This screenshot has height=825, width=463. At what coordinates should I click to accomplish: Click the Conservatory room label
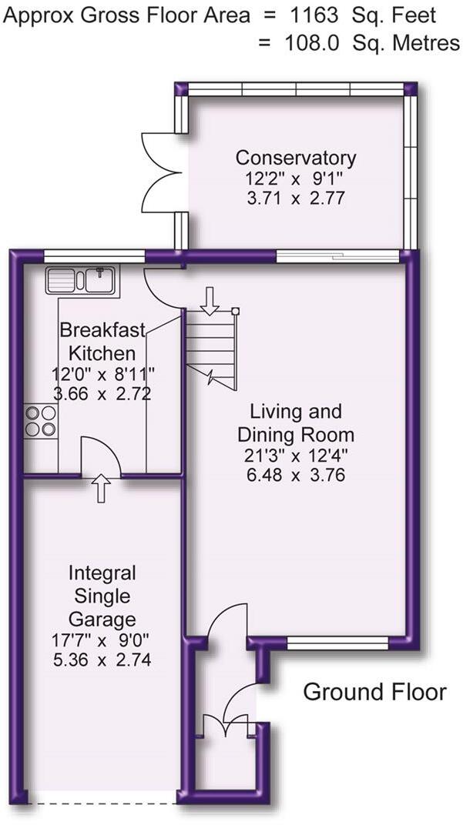coord(296,157)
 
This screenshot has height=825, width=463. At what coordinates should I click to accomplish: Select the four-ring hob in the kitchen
coord(40,420)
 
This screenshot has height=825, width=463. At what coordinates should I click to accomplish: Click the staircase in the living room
coord(210,349)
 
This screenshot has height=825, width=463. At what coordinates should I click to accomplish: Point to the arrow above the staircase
coord(210,300)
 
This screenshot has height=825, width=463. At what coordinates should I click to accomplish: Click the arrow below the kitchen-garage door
coord(101,488)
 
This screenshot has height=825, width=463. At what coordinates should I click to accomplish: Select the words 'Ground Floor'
coord(374,691)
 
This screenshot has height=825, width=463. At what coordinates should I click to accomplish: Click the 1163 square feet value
coord(313,16)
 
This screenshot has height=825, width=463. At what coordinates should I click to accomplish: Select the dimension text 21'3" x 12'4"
coord(296,456)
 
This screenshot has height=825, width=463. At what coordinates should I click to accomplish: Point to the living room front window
coord(337,643)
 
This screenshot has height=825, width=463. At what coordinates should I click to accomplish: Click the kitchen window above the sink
coord(94,256)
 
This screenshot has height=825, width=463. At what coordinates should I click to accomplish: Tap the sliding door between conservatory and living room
coord(338,256)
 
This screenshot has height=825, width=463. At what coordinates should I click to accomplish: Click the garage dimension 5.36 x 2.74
coord(102,660)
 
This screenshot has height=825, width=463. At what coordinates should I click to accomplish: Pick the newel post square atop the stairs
coord(236,311)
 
